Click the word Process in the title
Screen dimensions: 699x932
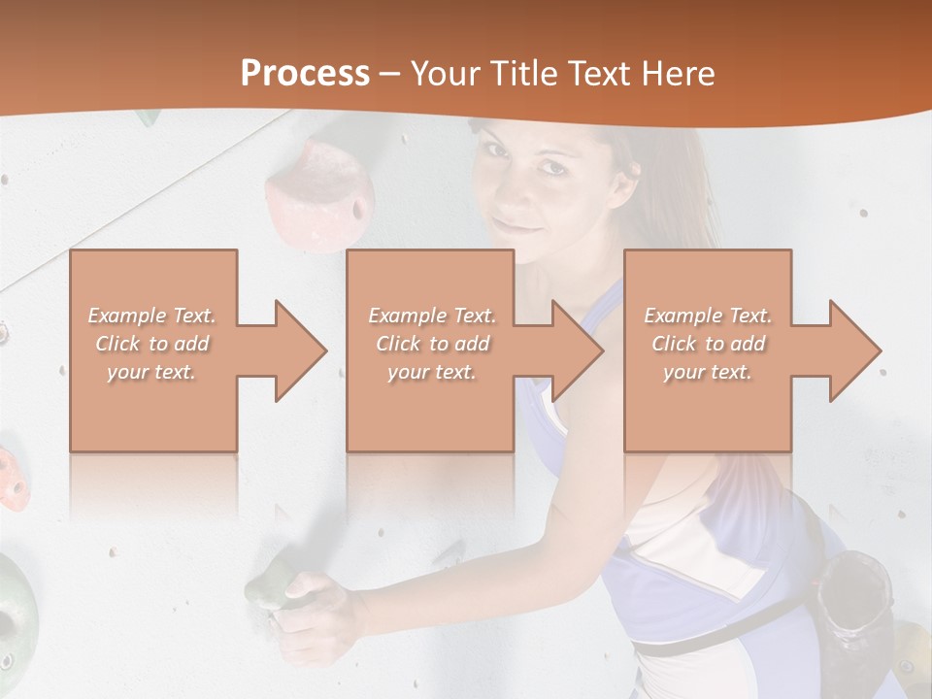(x=305, y=74)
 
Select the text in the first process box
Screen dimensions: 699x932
(x=152, y=344)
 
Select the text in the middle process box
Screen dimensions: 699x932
(x=432, y=344)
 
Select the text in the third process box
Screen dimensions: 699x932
(x=708, y=344)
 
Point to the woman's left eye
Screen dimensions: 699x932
(x=554, y=167)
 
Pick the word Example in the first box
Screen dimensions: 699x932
(x=126, y=316)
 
